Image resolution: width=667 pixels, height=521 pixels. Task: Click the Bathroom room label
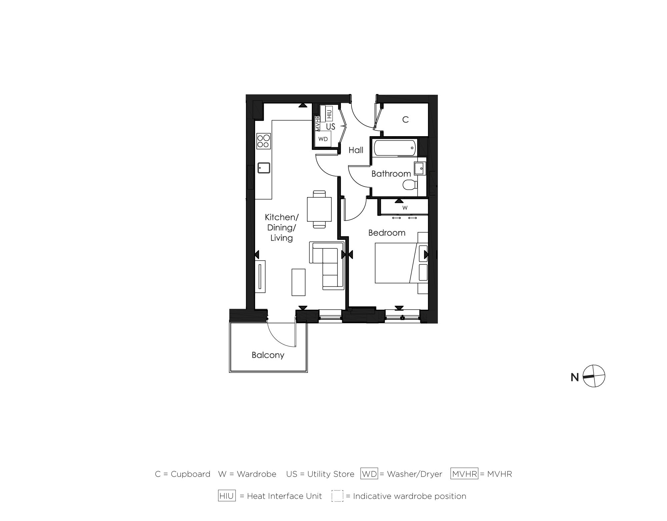(391, 174)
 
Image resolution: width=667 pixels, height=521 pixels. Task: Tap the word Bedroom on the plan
(387, 233)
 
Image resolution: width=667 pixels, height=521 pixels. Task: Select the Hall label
(356, 150)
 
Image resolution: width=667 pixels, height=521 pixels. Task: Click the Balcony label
(268, 355)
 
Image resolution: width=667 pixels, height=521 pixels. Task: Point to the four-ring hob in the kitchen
(263, 141)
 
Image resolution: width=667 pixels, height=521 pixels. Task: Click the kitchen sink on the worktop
(264, 168)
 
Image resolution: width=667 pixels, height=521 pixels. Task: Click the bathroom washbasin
(420, 169)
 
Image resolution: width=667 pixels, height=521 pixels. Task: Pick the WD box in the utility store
(323, 139)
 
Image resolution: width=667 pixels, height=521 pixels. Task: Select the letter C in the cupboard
(405, 120)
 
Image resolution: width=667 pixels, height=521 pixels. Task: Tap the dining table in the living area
(319, 209)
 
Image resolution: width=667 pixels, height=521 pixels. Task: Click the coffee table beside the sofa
(298, 282)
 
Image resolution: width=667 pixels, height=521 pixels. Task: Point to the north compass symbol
(594, 376)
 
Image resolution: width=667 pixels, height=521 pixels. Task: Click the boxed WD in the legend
(369, 474)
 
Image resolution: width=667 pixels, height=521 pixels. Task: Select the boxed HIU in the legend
(227, 496)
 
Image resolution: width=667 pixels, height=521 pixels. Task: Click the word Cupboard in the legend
(190, 474)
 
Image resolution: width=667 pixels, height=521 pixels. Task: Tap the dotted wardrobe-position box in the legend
(337, 496)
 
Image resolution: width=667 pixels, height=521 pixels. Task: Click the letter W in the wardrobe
(405, 208)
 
